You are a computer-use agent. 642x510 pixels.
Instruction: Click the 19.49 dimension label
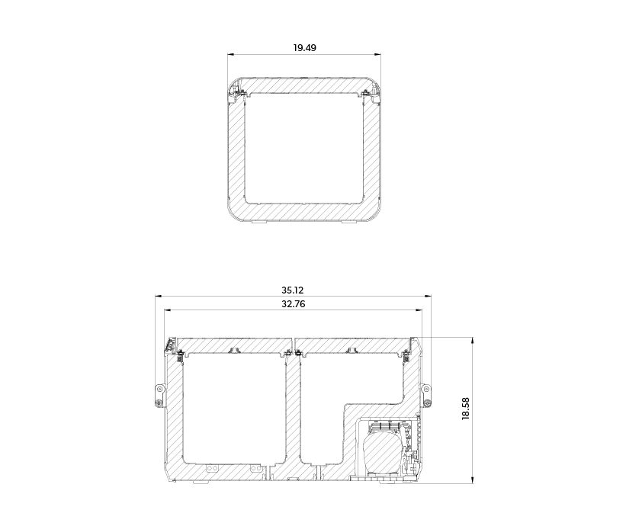tap(305, 47)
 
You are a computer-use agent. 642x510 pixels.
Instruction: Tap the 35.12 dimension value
tap(292, 290)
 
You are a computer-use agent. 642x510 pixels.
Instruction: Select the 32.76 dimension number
tap(293, 304)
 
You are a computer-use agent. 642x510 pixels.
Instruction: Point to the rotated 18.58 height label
tap(466, 409)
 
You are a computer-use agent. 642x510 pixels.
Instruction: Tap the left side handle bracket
tap(159, 396)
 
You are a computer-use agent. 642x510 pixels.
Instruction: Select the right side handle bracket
tap(426, 396)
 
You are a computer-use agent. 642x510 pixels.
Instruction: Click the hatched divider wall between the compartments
tap(293, 413)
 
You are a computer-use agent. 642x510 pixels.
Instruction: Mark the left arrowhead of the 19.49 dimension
tap(230, 54)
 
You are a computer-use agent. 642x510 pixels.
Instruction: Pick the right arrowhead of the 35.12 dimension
tap(429, 297)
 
